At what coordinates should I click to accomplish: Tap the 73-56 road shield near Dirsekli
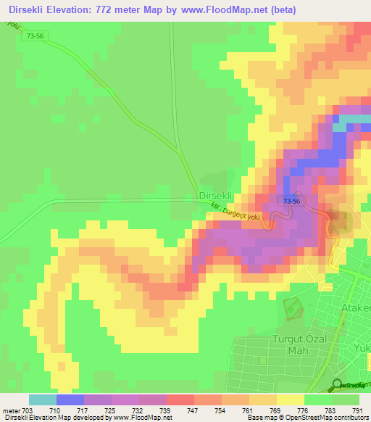point(292,201)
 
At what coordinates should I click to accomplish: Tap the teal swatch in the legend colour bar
point(42,400)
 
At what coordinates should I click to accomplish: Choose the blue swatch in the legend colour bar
point(70,400)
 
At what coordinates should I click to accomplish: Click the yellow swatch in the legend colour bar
point(290,400)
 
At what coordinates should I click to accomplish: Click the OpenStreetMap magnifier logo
point(338,385)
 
